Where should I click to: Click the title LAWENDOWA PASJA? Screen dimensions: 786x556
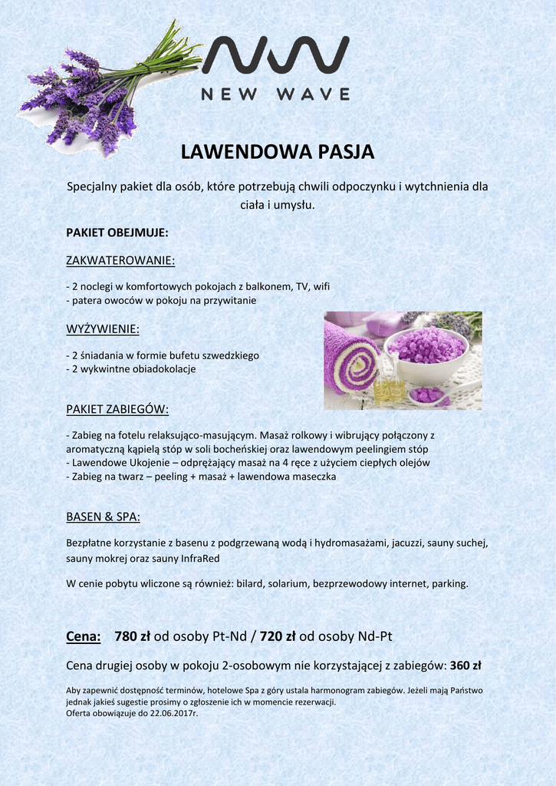[x=278, y=152]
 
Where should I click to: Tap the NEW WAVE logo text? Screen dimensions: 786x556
[x=275, y=94]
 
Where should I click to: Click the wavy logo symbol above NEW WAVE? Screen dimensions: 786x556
[x=275, y=55]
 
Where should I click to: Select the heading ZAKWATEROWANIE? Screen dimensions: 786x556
[x=120, y=261]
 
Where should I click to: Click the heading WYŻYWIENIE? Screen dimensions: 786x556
[x=103, y=329]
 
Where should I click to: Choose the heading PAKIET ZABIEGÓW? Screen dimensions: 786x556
[x=117, y=408]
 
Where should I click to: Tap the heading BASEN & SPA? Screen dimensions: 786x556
[x=103, y=516]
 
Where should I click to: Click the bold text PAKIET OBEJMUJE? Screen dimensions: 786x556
[x=117, y=232]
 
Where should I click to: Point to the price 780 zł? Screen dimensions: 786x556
[x=132, y=636]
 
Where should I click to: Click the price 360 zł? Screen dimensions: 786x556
[x=466, y=665]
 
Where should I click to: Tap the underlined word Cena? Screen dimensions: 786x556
[x=84, y=636]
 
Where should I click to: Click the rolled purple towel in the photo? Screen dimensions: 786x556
[x=351, y=358]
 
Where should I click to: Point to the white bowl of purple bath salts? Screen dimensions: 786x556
[x=426, y=353]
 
